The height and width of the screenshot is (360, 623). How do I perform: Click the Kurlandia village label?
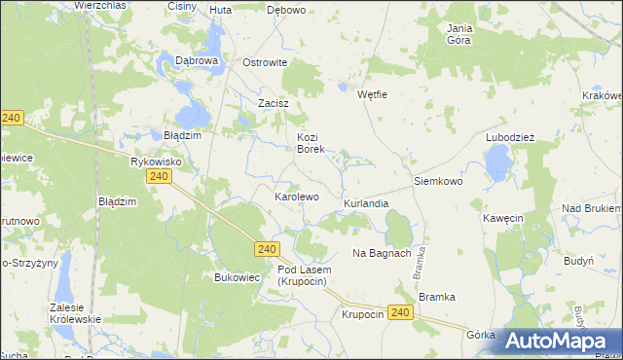coord(366,204)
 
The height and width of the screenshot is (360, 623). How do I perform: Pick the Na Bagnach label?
coord(382,253)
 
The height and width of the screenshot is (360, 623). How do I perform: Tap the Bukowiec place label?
coord(235,277)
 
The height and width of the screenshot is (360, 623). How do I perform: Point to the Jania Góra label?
coord(459,34)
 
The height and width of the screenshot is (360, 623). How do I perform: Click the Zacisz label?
coord(274,102)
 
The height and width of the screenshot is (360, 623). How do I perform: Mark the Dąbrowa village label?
coord(196,60)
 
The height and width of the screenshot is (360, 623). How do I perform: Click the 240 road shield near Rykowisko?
coord(160,176)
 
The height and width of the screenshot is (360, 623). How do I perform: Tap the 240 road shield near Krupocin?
coord(399,311)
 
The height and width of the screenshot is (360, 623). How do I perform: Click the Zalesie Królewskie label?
coord(74,313)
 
